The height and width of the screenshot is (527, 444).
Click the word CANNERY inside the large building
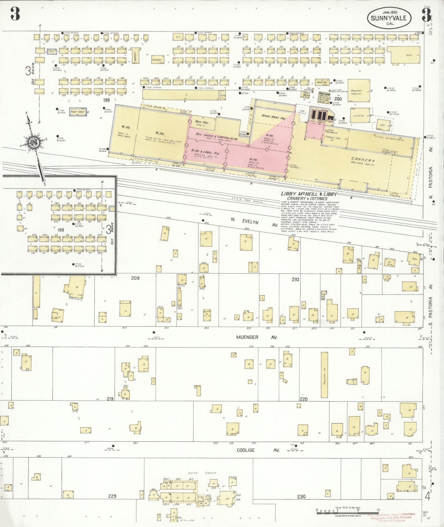[x=363, y=160]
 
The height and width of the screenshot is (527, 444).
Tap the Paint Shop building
[x=77, y=112]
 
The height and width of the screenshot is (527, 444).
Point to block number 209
[x=135, y=278]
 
